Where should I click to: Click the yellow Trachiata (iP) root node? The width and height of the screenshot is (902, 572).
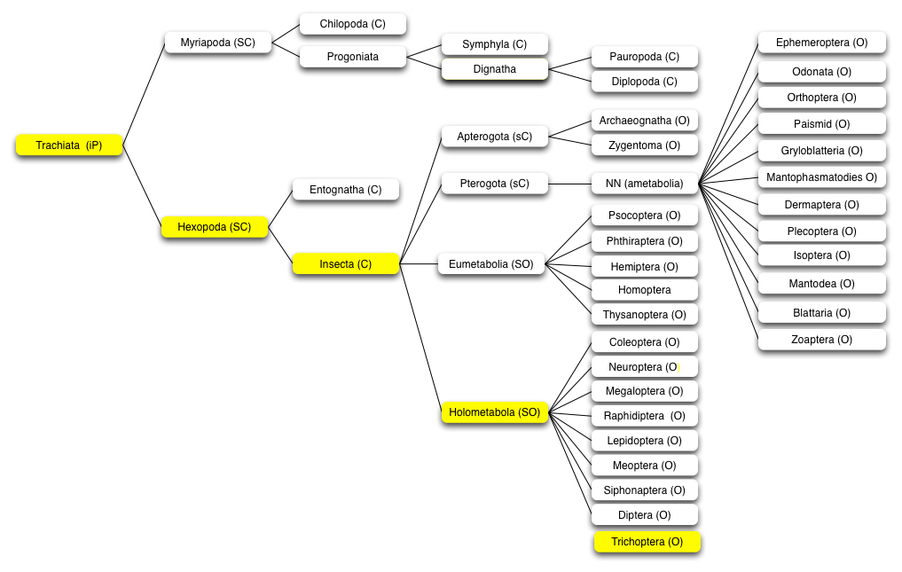pyautogui.click(x=69, y=145)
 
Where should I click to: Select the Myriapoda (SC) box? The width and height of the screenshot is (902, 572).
pyautogui.click(x=218, y=43)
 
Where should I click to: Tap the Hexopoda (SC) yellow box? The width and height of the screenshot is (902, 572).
pyautogui.click(x=215, y=227)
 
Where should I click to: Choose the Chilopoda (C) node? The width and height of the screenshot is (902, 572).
pyautogui.click(x=353, y=24)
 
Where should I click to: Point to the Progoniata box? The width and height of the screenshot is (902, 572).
pyautogui.click(x=353, y=57)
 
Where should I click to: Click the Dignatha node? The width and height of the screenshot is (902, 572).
pyautogui.click(x=495, y=69)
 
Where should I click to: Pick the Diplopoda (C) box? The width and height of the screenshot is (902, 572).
pyautogui.click(x=644, y=82)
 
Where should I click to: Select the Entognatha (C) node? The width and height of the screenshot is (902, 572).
pyautogui.click(x=346, y=190)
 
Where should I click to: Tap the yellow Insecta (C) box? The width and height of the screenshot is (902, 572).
pyautogui.click(x=346, y=264)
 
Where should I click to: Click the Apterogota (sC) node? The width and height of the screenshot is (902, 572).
pyautogui.click(x=495, y=137)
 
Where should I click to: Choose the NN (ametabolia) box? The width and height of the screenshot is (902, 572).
pyautogui.click(x=644, y=184)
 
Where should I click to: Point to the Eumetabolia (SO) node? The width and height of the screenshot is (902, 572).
pyautogui.click(x=491, y=264)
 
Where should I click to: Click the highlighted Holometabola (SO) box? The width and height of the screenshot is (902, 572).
pyautogui.click(x=495, y=412)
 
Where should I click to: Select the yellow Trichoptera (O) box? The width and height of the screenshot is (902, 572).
pyautogui.click(x=647, y=542)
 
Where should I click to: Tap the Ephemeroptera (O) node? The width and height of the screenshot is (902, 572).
pyautogui.click(x=822, y=43)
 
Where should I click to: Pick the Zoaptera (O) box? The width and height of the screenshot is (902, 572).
pyautogui.click(x=822, y=340)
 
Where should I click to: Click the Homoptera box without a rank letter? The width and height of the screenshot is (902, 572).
pyautogui.click(x=644, y=290)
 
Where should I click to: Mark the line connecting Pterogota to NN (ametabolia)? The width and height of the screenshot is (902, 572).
pyautogui.click(x=569, y=184)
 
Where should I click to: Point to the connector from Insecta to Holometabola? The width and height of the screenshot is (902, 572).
pyautogui.click(x=420, y=339)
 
